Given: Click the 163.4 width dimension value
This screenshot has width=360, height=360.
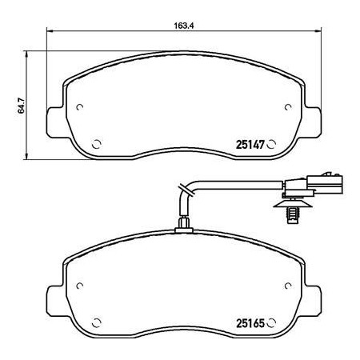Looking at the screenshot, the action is (183, 26).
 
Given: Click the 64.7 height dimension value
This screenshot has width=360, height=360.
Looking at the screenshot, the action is (21, 106).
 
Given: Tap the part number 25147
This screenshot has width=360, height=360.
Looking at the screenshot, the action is (250, 145).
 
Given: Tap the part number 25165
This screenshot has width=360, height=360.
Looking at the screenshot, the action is (250, 323).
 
